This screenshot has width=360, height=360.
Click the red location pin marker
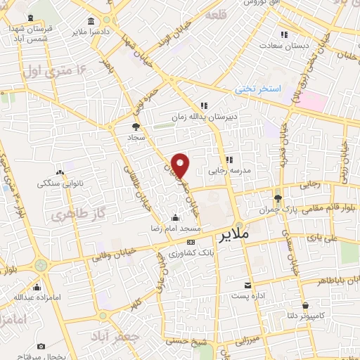click(181, 165)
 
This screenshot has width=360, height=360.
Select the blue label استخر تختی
click(258, 89)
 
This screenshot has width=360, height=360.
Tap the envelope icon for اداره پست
click(247, 285)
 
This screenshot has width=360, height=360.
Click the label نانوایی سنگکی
click(62, 183)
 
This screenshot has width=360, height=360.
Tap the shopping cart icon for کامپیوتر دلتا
click(307, 306)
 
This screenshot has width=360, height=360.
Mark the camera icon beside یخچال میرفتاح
click(41, 347)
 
